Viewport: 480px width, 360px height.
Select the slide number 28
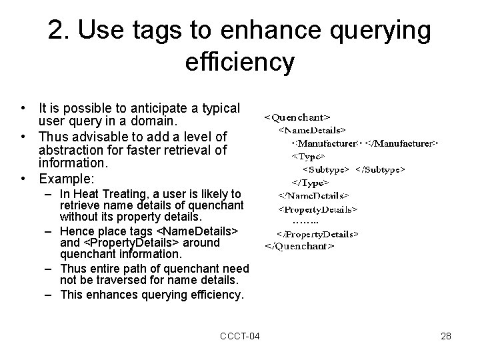click(x=446, y=336)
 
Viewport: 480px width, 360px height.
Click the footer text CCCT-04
click(x=240, y=336)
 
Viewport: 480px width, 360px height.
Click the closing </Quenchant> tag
click(x=300, y=246)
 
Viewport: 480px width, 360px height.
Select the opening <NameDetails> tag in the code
click(x=312, y=131)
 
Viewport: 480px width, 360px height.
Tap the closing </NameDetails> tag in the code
click(x=314, y=196)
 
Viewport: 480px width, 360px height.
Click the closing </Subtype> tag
click(x=381, y=169)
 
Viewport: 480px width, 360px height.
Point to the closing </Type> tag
click(x=310, y=183)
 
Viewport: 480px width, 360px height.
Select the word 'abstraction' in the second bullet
click(x=69, y=150)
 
